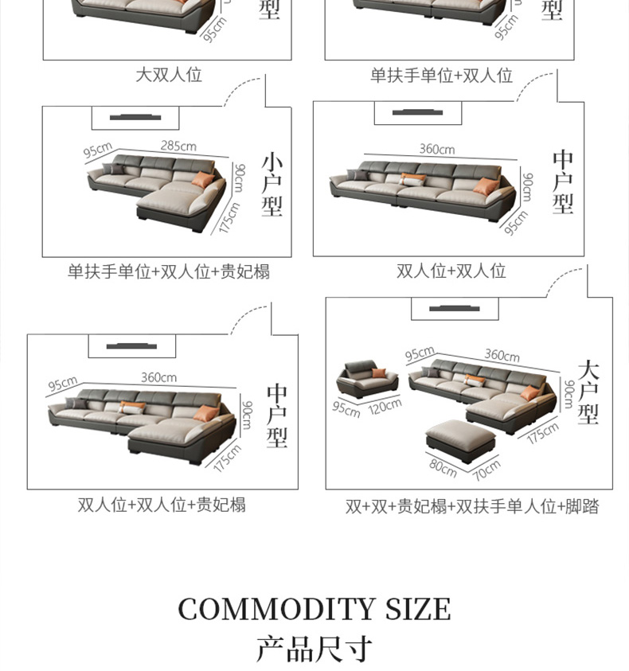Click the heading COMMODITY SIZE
point(314,610)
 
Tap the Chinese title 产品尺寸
point(314,649)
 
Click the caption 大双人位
point(168,75)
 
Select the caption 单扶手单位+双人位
point(441,76)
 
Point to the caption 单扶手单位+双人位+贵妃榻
point(168,271)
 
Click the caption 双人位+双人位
point(451,271)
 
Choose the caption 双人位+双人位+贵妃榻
point(162,505)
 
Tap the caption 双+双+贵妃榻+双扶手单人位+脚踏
point(472,506)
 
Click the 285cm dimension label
point(178,146)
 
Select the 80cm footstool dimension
point(443,467)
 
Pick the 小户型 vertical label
point(272,185)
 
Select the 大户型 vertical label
point(588,392)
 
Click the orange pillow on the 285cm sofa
point(203,180)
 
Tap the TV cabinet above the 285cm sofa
point(135,118)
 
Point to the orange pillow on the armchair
point(379,373)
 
